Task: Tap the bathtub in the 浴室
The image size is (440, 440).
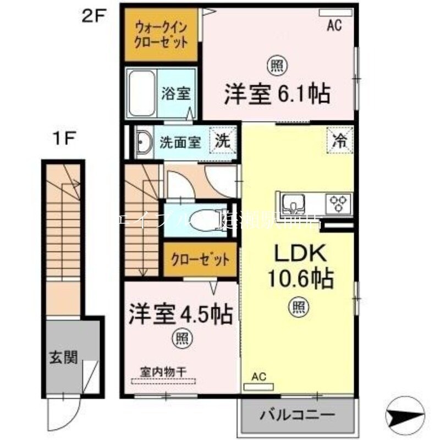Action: click(x=142, y=94)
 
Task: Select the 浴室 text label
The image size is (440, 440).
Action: click(x=176, y=94)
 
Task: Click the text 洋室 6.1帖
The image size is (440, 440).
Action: click(x=277, y=94)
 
